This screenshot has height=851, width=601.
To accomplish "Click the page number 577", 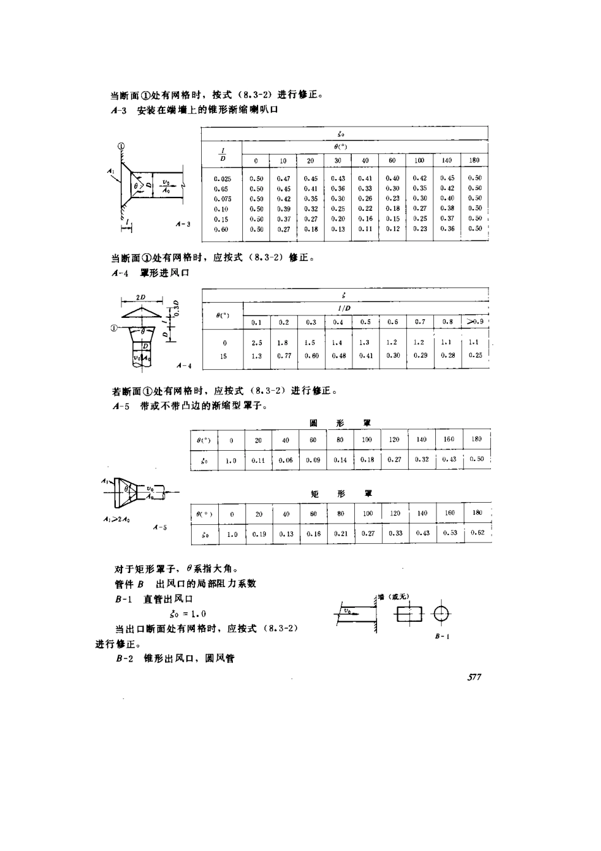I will pos(474,677).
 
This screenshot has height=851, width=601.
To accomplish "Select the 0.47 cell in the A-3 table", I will pos(283,179).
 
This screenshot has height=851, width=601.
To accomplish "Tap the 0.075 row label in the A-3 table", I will pos(223,198).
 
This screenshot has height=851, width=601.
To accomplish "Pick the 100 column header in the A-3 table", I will pos(419,161).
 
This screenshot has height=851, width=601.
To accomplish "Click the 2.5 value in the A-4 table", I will pos(256,343).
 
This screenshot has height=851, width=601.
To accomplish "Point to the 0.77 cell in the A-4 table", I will pos(283,356).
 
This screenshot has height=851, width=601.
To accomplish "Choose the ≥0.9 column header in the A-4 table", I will pos(474,322).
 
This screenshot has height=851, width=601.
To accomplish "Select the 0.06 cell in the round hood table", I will pos(286,460).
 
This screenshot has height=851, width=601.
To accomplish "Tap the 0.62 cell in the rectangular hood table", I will pos(478,533).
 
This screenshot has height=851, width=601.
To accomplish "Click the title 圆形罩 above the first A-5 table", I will pos(340,423).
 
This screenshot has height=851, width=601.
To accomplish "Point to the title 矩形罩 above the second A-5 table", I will pos(340,493).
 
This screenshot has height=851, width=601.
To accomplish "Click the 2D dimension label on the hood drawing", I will pos(140,297).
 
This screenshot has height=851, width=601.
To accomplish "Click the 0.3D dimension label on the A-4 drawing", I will pos(178,310).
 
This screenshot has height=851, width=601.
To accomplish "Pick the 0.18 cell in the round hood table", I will pos(367,460).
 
